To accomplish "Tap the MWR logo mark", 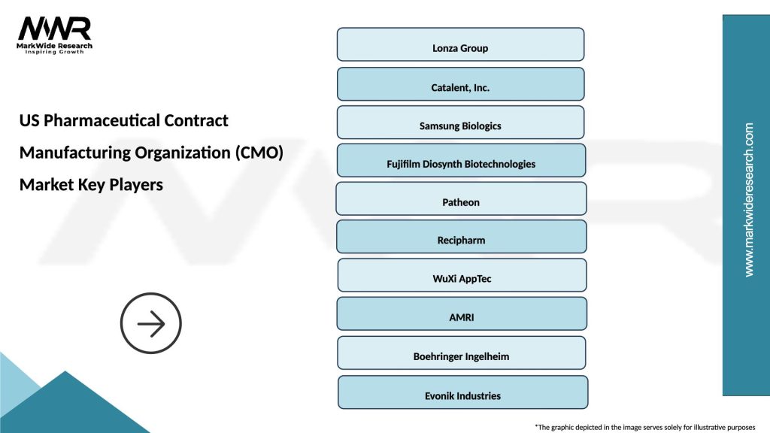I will [x=55, y=29].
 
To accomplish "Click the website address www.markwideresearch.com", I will [x=748, y=200].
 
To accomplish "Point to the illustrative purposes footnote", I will [x=644, y=426].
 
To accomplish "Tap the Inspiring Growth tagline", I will [x=55, y=52].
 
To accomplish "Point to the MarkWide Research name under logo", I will [x=55, y=45].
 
